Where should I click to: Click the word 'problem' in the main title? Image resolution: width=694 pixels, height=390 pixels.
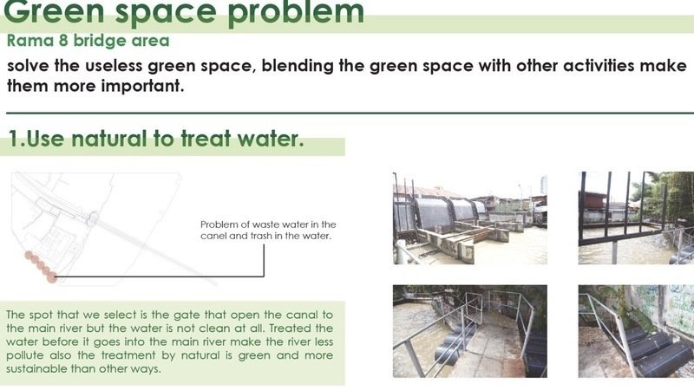click(x=296, y=13)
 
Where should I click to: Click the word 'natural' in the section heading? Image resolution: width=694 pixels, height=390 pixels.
click(x=108, y=139)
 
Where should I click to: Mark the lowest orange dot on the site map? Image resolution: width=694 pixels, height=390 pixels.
click(x=52, y=277)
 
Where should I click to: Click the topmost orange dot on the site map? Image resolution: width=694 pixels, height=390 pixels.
click(x=29, y=255)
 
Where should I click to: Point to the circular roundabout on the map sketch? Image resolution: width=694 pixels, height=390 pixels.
click(x=93, y=218)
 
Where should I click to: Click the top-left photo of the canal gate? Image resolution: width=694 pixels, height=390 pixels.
click(x=470, y=218)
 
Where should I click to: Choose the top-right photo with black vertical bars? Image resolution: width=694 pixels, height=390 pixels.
click(x=636, y=218)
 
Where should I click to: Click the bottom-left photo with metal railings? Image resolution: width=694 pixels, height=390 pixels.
click(x=470, y=331)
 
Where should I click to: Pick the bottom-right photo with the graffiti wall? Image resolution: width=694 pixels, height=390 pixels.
click(x=636, y=331)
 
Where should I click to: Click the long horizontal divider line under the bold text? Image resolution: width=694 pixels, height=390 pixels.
click(x=350, y=114)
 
